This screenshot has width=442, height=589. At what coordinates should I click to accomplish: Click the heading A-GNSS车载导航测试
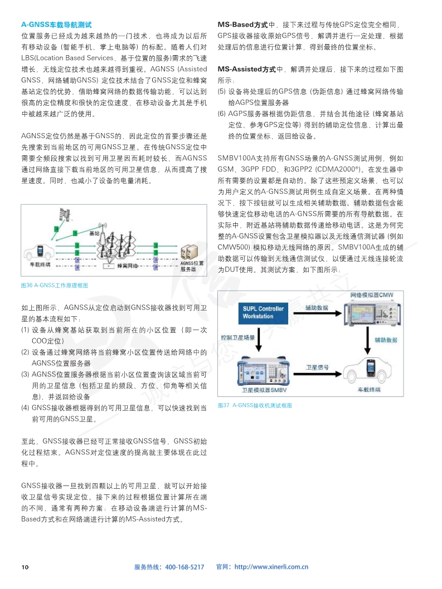(56, 25)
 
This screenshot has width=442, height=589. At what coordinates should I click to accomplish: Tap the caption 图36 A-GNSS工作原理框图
(54, 285)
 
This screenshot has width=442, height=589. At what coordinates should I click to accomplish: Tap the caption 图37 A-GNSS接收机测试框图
(255, 405)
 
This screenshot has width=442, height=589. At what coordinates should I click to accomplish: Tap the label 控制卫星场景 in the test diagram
(237, 338)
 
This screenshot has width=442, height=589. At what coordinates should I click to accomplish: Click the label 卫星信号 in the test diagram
(317, 368)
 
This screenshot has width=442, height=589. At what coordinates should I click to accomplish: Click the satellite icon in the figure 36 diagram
(66, 214)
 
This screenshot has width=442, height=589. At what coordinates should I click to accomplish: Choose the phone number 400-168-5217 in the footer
(184, 567)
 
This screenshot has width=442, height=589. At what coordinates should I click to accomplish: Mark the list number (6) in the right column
(221, 114)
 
